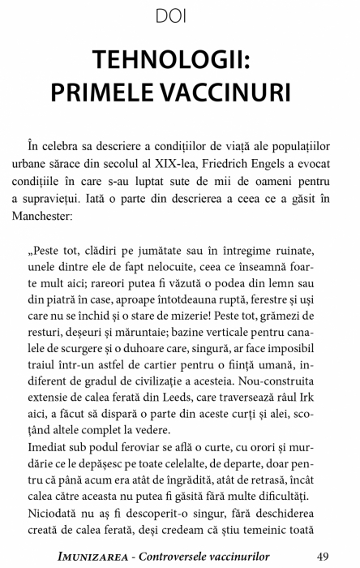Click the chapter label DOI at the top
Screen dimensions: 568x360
[x=179, y=15]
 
